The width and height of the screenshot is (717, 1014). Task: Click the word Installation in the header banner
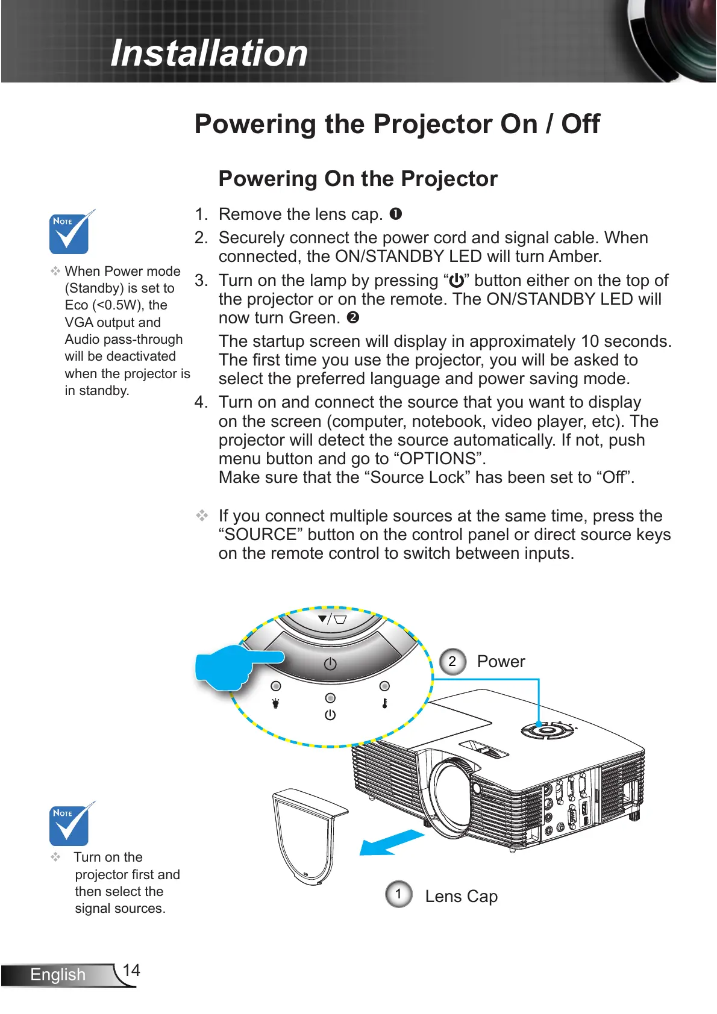[x=209, y=53]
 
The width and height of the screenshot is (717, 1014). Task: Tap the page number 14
[x=131, y=970]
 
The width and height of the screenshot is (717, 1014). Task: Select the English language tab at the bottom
[x=58, y=974]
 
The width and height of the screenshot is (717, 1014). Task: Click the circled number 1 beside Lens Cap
[x=398, y=894]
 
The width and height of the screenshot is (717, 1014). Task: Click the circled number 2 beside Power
[x=452, y=661]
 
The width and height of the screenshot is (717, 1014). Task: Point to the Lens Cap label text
[x=461, y=897]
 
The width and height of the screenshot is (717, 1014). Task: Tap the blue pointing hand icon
[x=232, y=666]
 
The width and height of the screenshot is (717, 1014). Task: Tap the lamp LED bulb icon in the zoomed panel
[x=276, y=703]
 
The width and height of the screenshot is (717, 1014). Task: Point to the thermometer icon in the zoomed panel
[x=384, y=703]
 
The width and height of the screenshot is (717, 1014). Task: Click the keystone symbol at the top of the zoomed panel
[x=333, y=618]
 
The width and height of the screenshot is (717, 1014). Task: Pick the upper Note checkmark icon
[x=70, y=232]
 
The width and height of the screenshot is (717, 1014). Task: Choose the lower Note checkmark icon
[x=70, y=824]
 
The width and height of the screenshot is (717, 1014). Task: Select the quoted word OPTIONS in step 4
[x=439, y=459]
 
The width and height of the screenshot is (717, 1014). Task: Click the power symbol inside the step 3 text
[x=457, y=281]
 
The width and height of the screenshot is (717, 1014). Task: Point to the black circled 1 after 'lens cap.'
[x=395, y=214]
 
